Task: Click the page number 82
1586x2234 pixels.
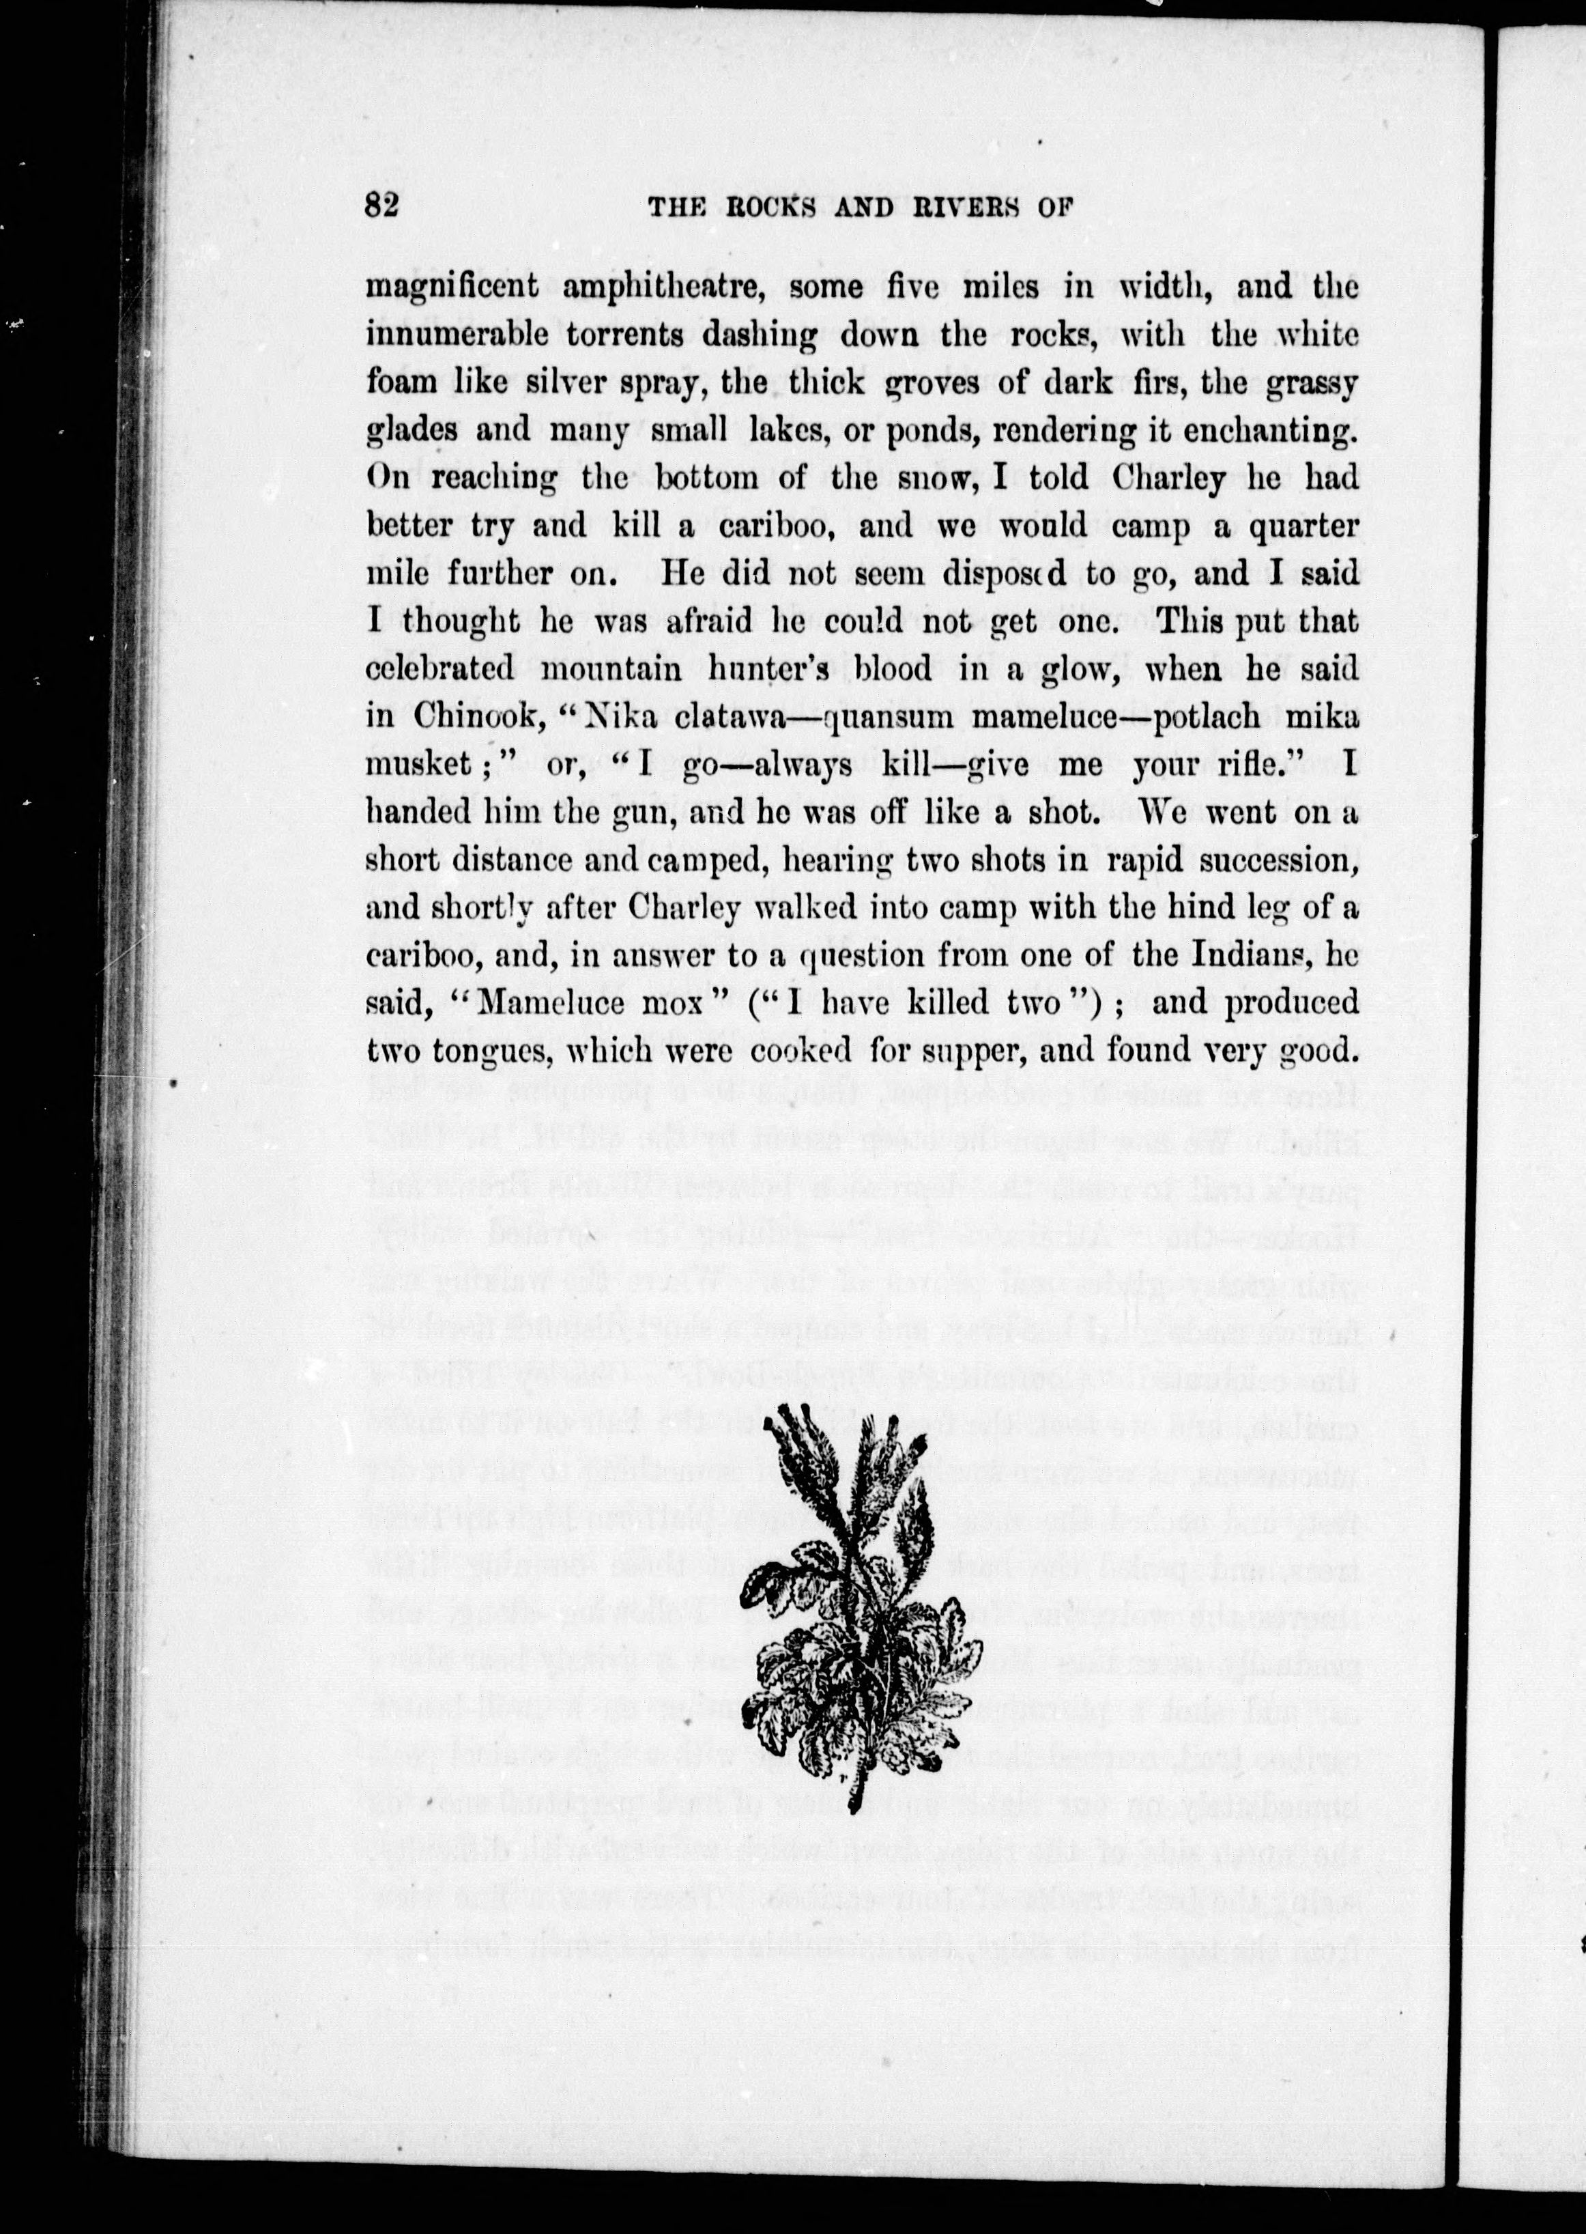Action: tap(383, 207)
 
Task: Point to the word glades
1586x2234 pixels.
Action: tap(414, 431)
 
